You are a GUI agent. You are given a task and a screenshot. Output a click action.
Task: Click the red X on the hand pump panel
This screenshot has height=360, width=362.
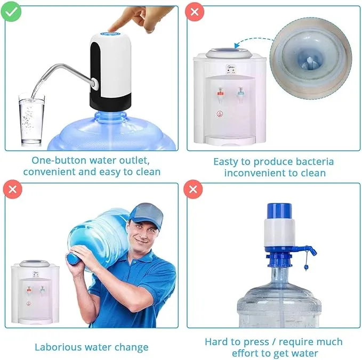192,189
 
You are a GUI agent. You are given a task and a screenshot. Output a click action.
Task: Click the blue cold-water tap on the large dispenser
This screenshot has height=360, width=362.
240,92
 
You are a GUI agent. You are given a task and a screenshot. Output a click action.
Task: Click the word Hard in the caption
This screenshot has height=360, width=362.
216,342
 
